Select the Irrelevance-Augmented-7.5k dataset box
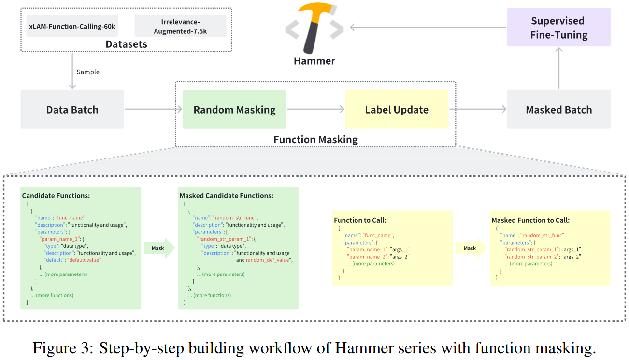point(180,26)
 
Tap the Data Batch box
point(72,109)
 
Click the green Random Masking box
point(234,109)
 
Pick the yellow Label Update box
point(396,109)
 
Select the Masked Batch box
point(558,109)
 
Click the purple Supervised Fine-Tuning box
point(558,28)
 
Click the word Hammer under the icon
point(314,61)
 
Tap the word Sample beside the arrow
point(88,72)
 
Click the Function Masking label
point(315,140)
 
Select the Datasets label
point(126,44)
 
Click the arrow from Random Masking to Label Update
point(315,109)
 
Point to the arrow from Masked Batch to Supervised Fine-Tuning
point(558,68)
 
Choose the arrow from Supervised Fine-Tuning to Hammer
point(428,28)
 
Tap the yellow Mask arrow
point(471,248)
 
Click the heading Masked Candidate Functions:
point(226,196)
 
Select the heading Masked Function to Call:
point(530,220)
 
